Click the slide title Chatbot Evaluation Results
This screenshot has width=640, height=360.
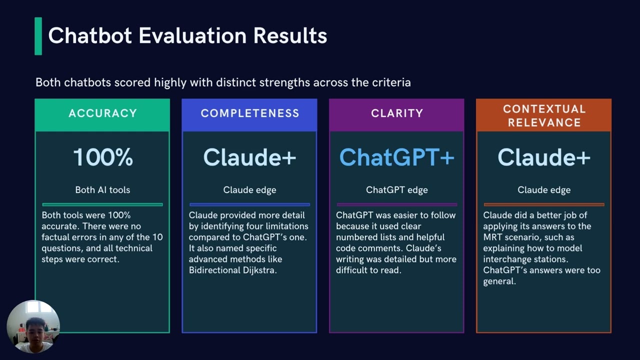coord(187,35)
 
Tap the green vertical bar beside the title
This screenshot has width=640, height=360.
coord(38,36)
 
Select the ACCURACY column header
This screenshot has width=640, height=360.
coord(102,113)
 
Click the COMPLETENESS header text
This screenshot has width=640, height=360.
coord(249,113)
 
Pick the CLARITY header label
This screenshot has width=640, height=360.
coord(397,113)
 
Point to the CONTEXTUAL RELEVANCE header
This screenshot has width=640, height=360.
coord(544,115)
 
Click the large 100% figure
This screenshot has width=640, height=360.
coord(103,157)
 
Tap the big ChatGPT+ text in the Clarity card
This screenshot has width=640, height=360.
coord(397,157)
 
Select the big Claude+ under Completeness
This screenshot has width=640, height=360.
coord(249,157)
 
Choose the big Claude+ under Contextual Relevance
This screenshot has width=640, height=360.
coord(544,157)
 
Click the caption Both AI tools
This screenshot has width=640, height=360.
coord(102,190)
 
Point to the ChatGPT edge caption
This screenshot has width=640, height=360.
coord(397,190)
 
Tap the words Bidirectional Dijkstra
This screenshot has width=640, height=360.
coord(232,270)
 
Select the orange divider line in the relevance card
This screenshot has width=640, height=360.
coord(544,204)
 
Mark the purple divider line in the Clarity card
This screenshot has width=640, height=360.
coord(397,204)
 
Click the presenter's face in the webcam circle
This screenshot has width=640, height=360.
coord(35,329)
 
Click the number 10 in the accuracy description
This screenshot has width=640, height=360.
coord(157,237)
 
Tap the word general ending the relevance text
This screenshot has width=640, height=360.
coord(499,281)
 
